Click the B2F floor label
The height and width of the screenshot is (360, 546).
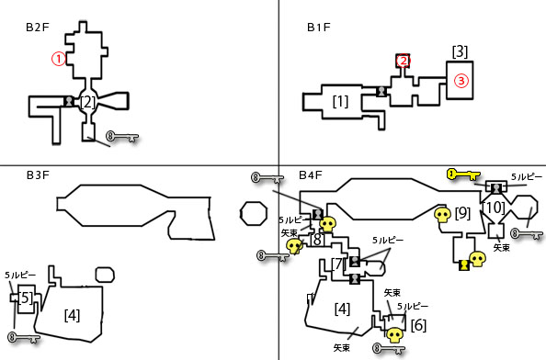click(x=38, y=28)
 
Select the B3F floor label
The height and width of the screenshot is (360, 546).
click(x=38, y=175)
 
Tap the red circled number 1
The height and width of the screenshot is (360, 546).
click(x=59, y=59)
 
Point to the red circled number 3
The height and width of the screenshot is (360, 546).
click(x=461, y=81)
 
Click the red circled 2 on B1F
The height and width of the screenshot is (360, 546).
click(x=403, y=62)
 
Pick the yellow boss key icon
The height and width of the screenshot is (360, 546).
click(x=464, y=174)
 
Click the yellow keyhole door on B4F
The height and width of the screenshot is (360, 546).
click(x=464, y=265)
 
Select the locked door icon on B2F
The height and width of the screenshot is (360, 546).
click(x=69, y=101)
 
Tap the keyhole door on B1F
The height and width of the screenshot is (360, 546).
click(x=381, y=92)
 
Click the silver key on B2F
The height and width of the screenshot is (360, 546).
click(x=122, y=136)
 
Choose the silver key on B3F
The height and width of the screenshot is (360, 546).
click(x=24, y=337)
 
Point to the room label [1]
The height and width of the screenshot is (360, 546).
click(x=340, y=102)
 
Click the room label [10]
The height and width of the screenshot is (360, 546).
click(x=494, y=208)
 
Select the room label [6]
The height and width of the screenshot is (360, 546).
click(x=418, y=325)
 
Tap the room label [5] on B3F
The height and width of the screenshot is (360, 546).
click(x=26, y=298)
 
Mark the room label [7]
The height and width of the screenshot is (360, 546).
click(x=337, y=264)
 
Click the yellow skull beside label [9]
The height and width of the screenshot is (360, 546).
click(x=442, y=216)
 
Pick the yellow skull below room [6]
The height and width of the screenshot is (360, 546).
click(x=395, y=335)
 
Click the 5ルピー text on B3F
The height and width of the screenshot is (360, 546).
click(x=20, y=275)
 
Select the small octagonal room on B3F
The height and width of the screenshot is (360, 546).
click(x=254, y=213)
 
